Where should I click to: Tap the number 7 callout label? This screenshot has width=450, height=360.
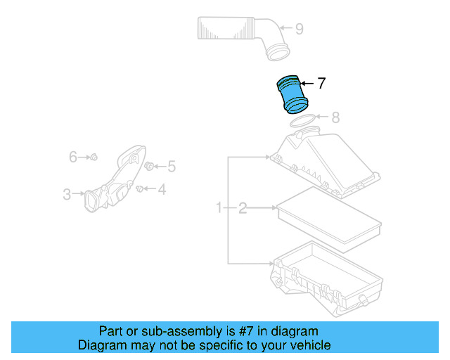(x=321, y=84)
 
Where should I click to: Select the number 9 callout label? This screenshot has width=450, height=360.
(x=299, y=29)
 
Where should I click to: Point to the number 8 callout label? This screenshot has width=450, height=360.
(x=335, y=117)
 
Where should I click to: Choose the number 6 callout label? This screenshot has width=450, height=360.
(x=72, y=157)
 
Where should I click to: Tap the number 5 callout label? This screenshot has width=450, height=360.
(x=171, y=167)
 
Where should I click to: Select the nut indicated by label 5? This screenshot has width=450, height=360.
(x=150, y=166)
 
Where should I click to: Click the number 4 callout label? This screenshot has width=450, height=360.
(x=161, y=188)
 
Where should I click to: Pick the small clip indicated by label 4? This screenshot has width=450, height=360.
(x=140, y=188)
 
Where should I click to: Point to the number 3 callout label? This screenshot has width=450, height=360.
(x=67, y=194)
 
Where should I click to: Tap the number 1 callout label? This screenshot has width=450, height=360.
(x=219, y=208)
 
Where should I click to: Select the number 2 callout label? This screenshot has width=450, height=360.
(x=243, y=208)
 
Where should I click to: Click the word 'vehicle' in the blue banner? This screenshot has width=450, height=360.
(x=307, y=345)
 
